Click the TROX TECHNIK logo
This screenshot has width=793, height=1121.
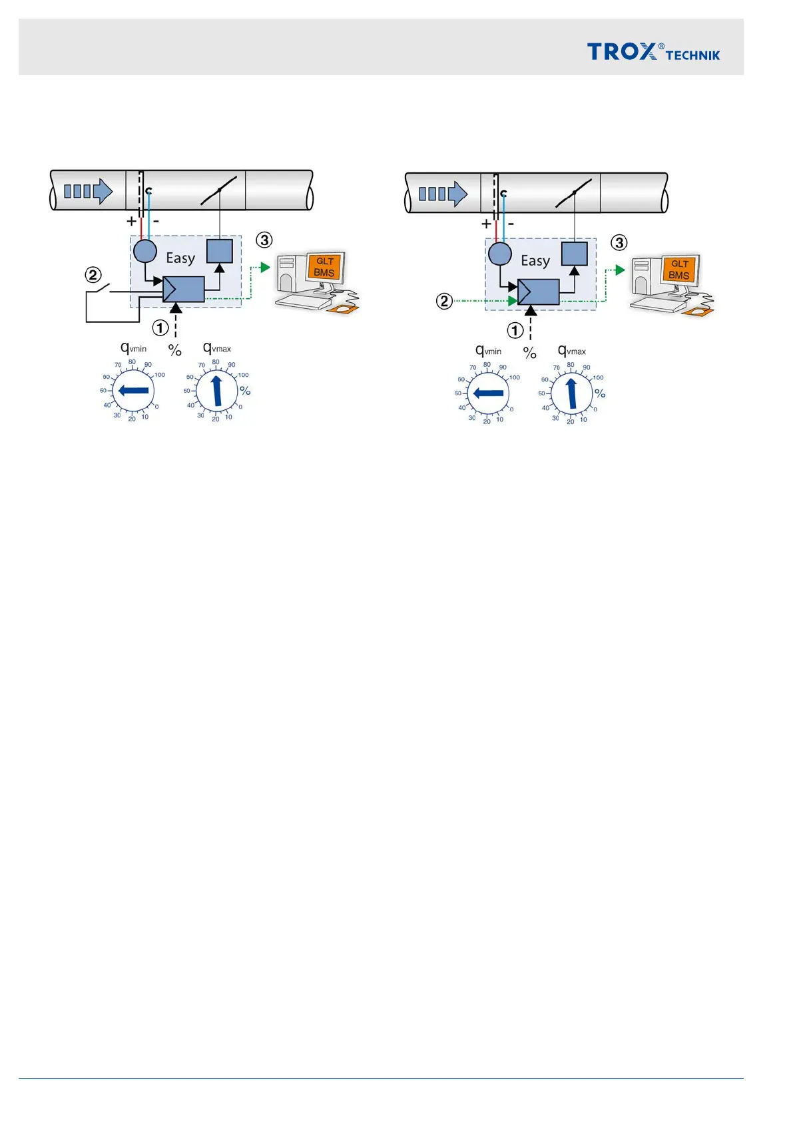click(x=653, y=52)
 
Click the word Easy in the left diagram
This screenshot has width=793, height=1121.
click(x=180, y=258)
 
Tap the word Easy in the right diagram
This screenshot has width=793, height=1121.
click(x=535, y=261)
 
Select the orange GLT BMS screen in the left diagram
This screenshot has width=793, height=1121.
click(x=324, y=267)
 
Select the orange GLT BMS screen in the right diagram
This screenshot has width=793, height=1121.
click(x=679, y=270)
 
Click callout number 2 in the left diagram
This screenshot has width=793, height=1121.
click(x=93, y=275)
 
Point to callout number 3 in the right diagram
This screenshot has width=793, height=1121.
click(x=619, y=242)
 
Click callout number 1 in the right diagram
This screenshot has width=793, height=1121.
click(x=515, y=330)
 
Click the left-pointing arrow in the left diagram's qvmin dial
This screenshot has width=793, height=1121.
click(x=133, y=391)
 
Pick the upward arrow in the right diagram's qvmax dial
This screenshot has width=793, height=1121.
click(x=571, y=393)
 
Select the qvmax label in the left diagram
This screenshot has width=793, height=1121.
click(x=217, y=348)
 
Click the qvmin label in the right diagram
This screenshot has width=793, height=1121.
click(x=488, y=351)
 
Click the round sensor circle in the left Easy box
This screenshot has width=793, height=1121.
click(x=145, y=252)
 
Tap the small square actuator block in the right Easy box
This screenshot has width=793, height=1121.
click(x=574, y=254)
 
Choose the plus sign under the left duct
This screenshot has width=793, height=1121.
click(x=131, y=221)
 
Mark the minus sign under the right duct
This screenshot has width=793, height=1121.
click(x=511, y=224)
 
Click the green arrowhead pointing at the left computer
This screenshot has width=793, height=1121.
click(x=265, y=268)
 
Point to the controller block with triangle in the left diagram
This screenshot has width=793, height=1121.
click(x=184, y=290)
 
